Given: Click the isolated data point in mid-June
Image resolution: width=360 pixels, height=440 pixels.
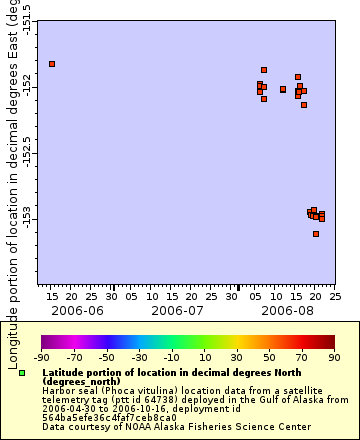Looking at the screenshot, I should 52,64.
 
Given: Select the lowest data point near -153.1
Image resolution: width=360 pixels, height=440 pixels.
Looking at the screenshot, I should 316,234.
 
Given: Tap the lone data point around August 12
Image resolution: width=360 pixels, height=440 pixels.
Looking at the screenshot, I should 283,89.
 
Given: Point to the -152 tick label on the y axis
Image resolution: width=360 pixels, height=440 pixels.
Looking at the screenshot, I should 27,88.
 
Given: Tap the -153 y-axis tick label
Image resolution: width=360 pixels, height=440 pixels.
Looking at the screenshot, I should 27,218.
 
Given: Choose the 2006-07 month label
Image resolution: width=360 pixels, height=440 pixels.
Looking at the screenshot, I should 177,311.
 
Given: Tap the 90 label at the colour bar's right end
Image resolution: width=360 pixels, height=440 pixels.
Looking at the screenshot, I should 333,357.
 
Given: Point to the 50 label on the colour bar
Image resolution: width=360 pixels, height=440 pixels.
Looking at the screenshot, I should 268,357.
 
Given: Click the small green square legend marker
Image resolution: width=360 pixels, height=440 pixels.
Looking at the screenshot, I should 22,373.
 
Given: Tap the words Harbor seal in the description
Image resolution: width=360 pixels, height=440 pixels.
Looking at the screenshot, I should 68,389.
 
